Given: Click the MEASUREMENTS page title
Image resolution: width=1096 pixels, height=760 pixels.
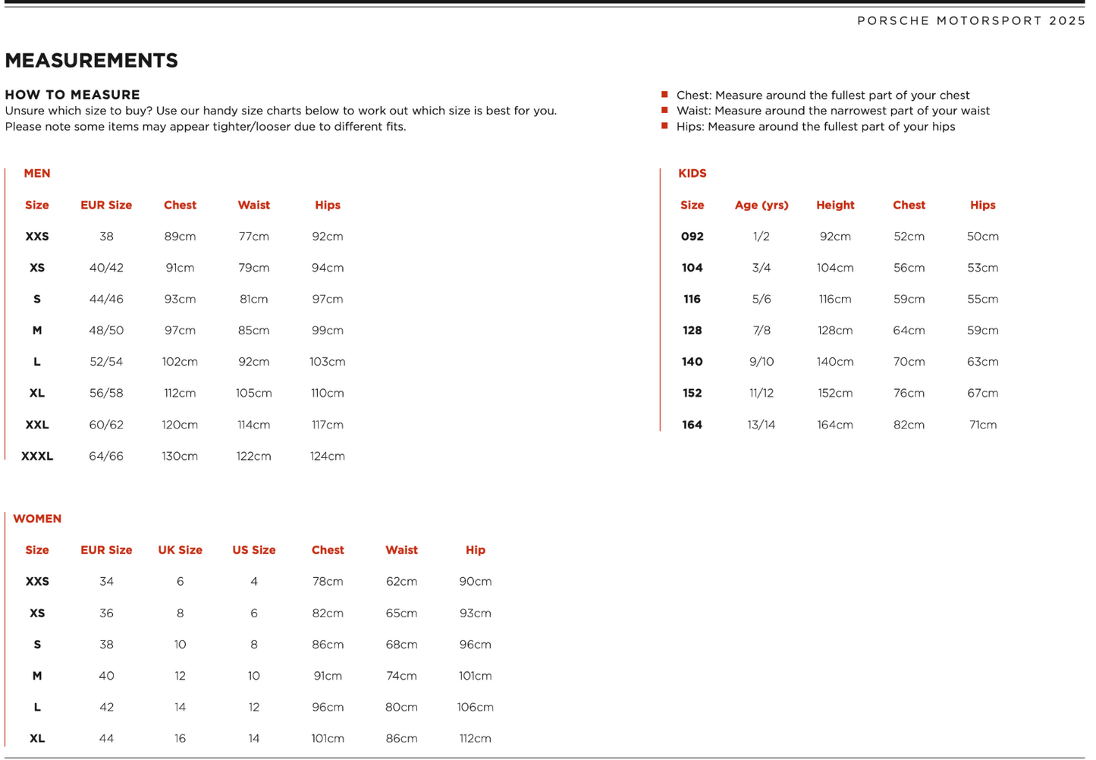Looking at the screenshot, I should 91,61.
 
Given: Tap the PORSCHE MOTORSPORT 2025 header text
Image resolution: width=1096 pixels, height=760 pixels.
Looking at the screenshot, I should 971,20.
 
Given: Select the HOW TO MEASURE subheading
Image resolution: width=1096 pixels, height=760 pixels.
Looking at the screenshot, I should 72,95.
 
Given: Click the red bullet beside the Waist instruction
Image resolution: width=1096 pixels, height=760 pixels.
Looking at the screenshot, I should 664,111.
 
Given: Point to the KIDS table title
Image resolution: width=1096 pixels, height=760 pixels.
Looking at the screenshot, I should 692,174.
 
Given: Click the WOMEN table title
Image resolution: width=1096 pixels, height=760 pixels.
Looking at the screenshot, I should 37,519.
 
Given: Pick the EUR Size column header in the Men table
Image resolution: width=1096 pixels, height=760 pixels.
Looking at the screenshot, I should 106,206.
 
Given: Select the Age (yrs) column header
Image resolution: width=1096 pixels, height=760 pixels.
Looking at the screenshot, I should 762,206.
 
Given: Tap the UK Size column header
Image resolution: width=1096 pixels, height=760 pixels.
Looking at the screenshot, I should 180,551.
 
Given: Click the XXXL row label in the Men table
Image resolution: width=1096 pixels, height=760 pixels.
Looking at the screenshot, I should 37,457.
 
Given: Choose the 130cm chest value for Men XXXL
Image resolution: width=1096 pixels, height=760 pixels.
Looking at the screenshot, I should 180,457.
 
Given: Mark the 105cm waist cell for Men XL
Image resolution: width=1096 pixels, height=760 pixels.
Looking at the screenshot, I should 253,394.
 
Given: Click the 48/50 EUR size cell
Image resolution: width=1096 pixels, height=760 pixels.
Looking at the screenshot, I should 106,331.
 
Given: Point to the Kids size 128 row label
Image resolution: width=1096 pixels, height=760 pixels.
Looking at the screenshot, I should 692,331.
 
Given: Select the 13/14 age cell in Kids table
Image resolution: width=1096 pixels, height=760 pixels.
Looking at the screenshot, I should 762,426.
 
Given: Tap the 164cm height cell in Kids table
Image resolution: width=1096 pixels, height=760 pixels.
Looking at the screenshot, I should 835,426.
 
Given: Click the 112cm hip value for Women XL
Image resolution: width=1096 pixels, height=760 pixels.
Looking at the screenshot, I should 475,739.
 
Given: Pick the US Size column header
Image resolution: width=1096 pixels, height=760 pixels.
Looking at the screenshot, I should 253,551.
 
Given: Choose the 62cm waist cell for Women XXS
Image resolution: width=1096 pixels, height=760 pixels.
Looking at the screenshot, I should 401,582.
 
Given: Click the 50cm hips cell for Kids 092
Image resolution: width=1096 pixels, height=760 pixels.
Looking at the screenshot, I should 982,237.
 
